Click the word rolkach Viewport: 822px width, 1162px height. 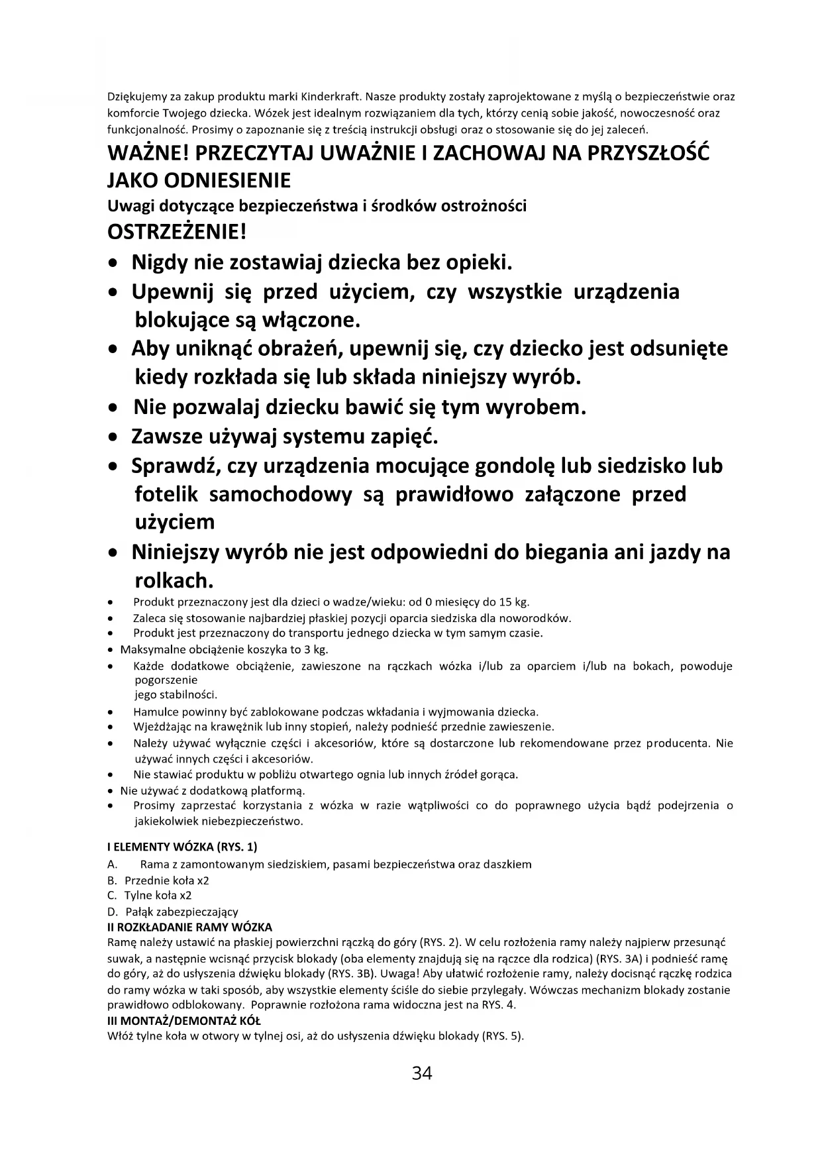click(174, 581)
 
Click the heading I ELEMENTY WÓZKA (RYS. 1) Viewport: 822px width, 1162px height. click(182, 847)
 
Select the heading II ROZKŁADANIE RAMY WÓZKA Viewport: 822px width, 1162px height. click(189, 927)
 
